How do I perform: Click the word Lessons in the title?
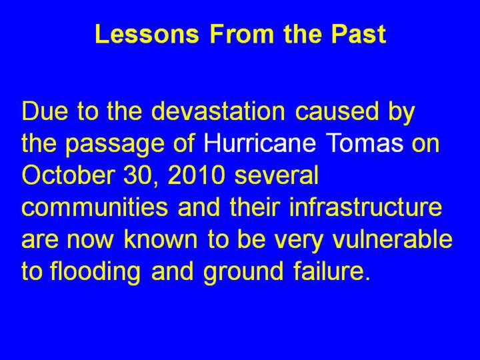point(147,34)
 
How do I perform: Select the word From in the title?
point(241,34)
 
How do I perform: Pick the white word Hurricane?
point(259,143)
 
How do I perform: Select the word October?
point(69,175)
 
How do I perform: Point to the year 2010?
point(196,175)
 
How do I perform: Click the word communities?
point(95,207)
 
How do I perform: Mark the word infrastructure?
point(365,207)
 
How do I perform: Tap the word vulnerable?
point(392,239)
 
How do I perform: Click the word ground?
point(244,273)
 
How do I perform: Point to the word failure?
point(332,271)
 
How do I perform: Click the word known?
point(161,239)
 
